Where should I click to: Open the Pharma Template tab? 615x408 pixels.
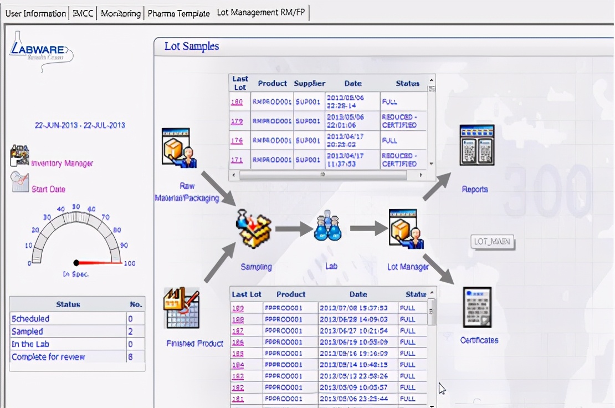(178, 13)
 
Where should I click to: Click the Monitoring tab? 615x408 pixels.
(121, 13)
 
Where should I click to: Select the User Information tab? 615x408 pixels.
(35, 13)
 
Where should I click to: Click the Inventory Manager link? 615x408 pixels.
(62, 164)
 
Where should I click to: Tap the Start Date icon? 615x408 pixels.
(20, 182)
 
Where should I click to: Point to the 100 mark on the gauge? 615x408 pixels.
(129, 263)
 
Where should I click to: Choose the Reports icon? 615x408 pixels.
(476, 145)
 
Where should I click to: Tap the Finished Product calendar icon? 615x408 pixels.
(181, 308)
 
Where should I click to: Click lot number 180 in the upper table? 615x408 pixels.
(237, 102)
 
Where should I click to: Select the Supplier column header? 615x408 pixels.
(309, 84)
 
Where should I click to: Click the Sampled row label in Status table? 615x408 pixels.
(27, 331)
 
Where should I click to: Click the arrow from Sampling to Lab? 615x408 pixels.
(293, 228)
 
